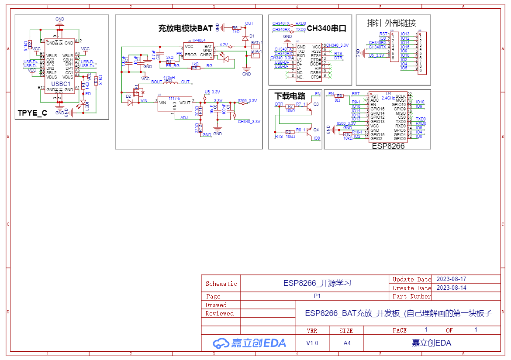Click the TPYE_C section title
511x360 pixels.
(32, 113)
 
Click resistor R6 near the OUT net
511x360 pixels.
(236, 27)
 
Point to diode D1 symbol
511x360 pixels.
(245, 38)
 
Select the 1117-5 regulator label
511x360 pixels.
(175, 98)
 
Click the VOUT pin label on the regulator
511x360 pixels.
(185, 103)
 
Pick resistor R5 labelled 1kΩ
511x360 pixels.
(195, 68)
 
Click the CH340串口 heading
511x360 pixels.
(327, 29)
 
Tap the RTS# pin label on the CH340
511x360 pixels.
(316, 55)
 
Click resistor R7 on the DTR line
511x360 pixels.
(290, 106)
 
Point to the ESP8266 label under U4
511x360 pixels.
(388, 146)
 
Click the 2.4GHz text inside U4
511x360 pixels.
(388, 98)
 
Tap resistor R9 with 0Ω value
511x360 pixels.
(339, 96)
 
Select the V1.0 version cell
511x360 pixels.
(312, 343)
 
